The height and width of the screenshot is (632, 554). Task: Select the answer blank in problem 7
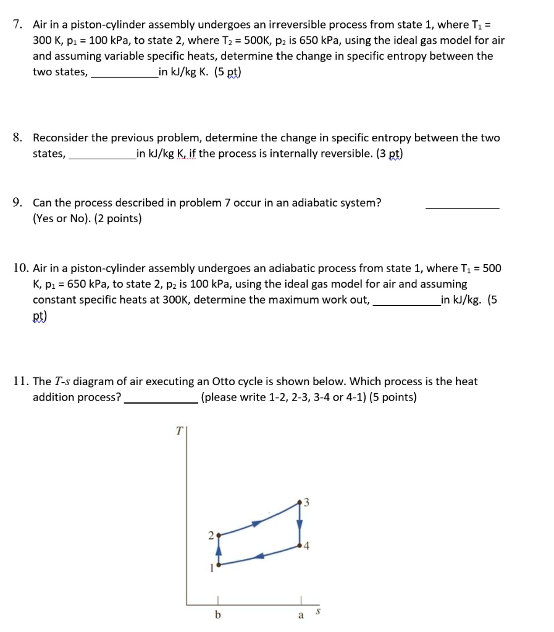(x=124, y=74)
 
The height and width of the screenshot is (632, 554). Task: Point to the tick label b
(x=217, y=615)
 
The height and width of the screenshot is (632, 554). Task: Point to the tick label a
(x=300, y=615)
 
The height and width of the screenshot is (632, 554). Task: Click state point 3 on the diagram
(x=300, y=502)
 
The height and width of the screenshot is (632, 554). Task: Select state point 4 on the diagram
(x=300, y=546)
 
